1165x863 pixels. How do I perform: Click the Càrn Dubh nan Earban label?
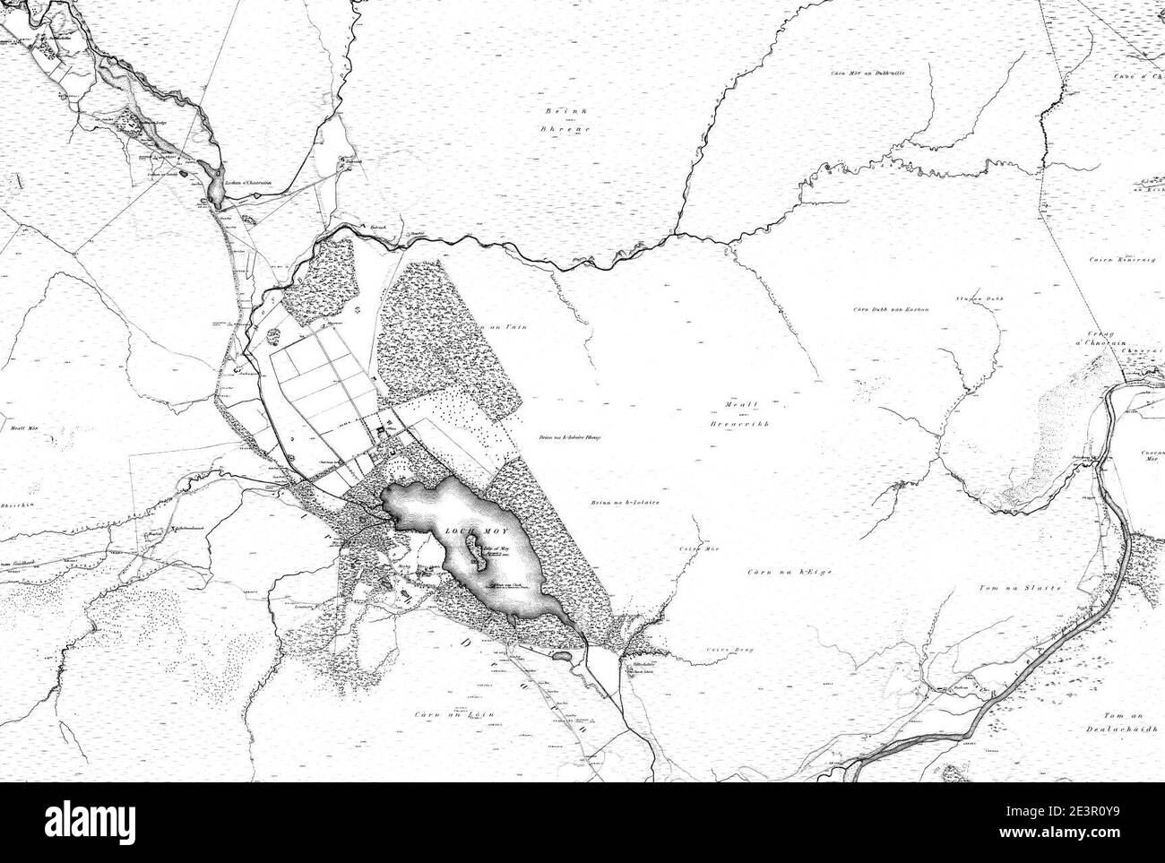890,310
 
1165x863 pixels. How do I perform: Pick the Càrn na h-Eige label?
778,571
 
